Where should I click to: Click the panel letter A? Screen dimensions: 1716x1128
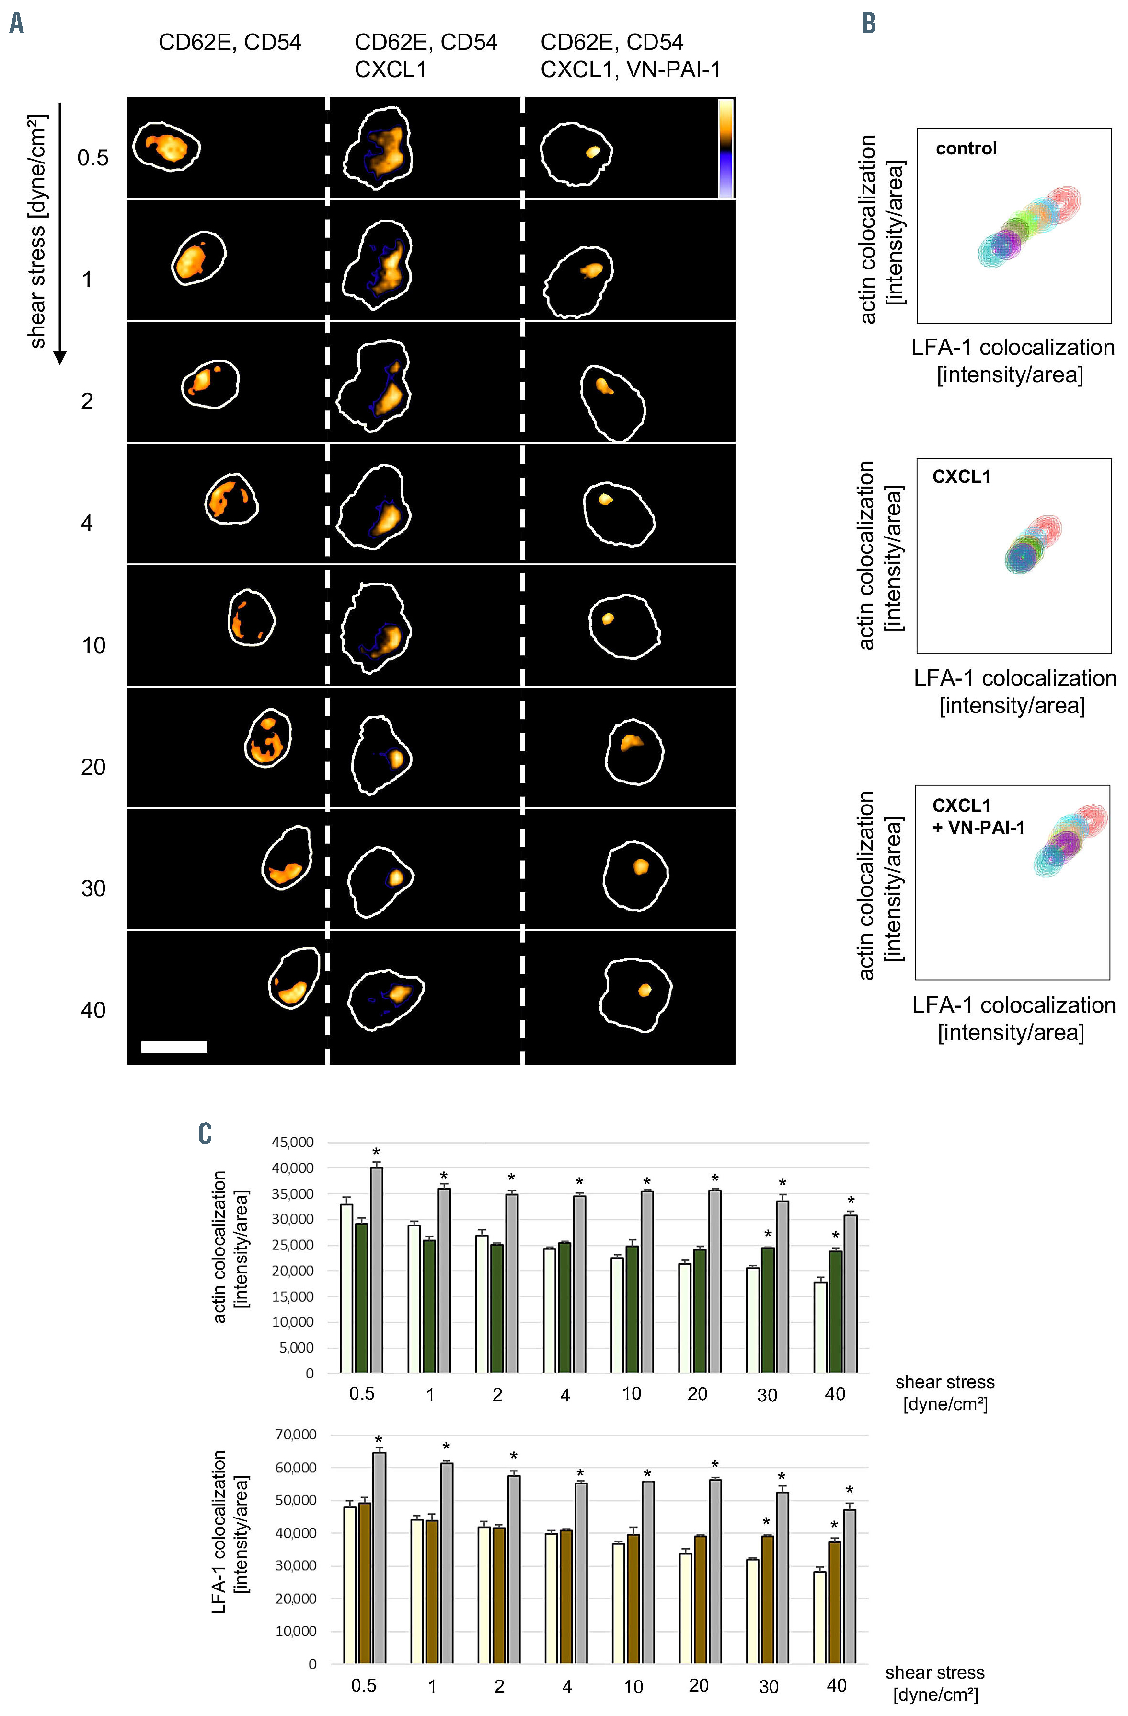pos(16,24)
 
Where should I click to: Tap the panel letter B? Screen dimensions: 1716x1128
pos(869,24)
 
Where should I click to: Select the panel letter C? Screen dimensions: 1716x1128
pos(205,1133)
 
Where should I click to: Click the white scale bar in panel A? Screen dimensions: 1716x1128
pos(174,1047)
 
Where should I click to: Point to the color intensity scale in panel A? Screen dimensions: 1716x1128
pos(726,148)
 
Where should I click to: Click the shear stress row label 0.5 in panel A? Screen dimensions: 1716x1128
pos(93,158)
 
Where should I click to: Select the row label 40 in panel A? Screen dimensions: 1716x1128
pos(93,1010)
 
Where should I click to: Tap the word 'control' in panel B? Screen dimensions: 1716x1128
pos(966,149)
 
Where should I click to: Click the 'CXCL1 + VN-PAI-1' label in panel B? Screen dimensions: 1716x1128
pos(978,816)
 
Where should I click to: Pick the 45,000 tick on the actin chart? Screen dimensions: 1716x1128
pos(293,1142)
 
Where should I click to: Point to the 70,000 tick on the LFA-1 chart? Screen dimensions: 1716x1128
pos(296,1434)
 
